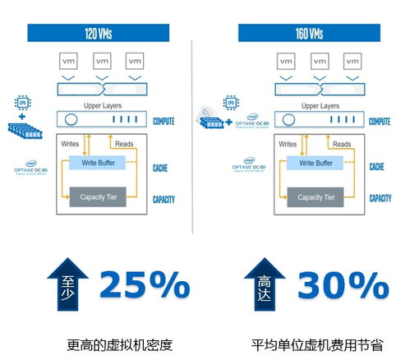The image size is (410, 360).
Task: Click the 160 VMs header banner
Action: tap(310, 34)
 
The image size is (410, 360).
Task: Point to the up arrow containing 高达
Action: tap(265, 286)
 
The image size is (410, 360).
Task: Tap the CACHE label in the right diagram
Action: tap(378, 167)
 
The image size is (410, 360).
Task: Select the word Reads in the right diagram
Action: tap(342, 145)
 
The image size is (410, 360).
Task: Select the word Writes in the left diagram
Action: tap(71, 145)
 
